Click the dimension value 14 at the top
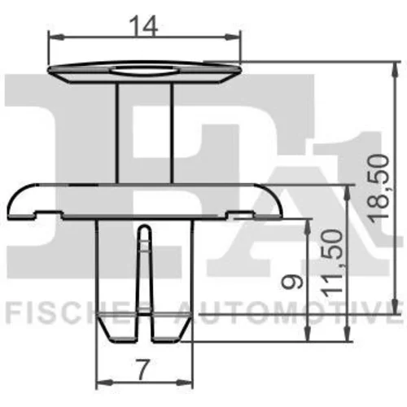[x=144, y=26]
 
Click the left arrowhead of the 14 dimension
[x=56, y=37]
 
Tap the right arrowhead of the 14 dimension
[x=233, y=37]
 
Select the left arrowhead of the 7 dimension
[x=105, y=383]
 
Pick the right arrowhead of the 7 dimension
[x=185, y=383]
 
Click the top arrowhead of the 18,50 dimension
[x=396, y=70]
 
